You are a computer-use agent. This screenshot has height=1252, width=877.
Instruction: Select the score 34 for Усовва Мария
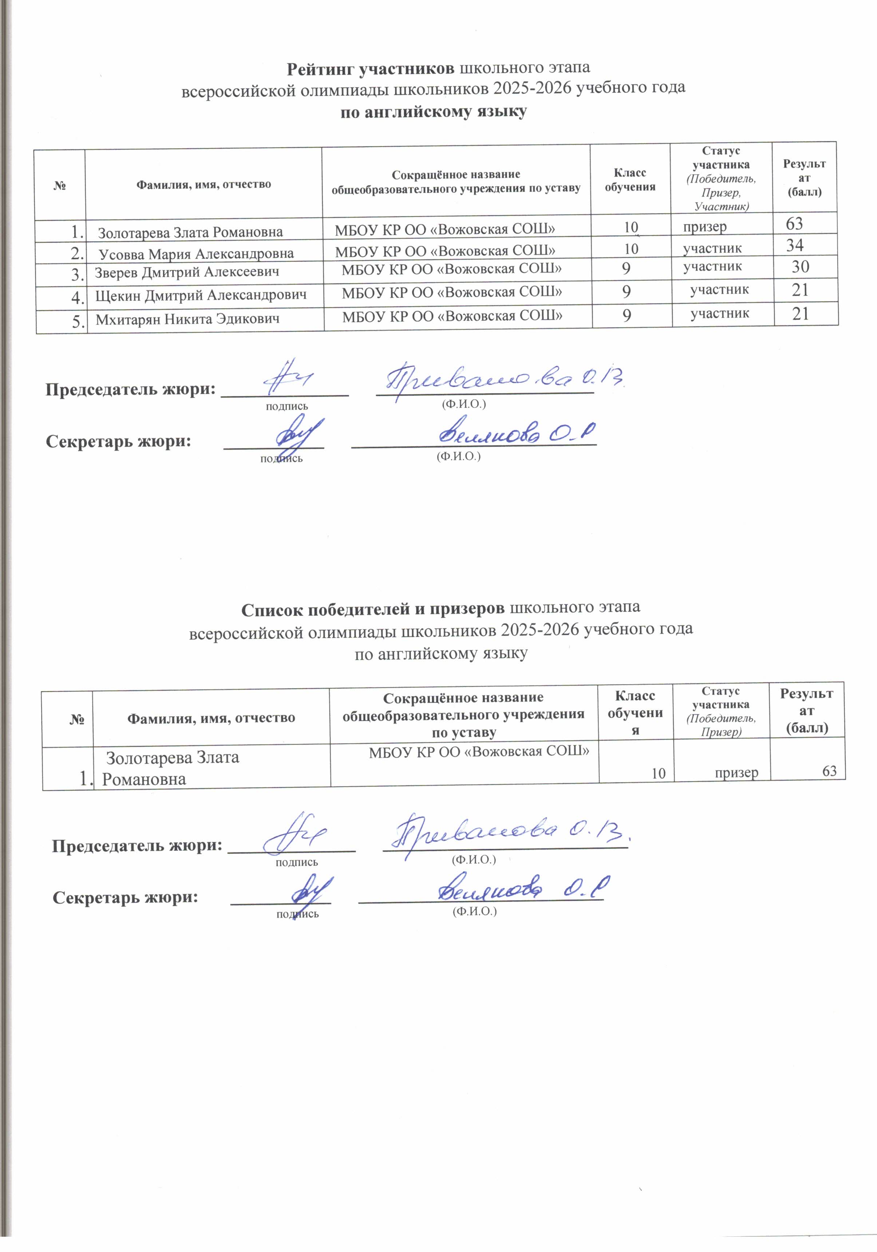tap(795, 246)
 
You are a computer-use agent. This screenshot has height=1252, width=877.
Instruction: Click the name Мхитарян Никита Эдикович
tap(187, 319)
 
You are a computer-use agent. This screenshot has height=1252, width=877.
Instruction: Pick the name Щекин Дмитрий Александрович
tap(201, 295)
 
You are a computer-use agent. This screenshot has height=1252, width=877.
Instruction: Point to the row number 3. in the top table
tap(78, 274)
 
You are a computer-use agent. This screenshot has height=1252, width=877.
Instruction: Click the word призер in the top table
tap(705, 226)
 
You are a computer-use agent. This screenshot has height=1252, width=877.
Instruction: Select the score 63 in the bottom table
tap(829, 771)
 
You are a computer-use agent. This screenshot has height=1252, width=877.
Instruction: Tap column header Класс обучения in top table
tap(629, 179)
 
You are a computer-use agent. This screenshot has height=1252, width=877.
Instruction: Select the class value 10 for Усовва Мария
tap(631, 249)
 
